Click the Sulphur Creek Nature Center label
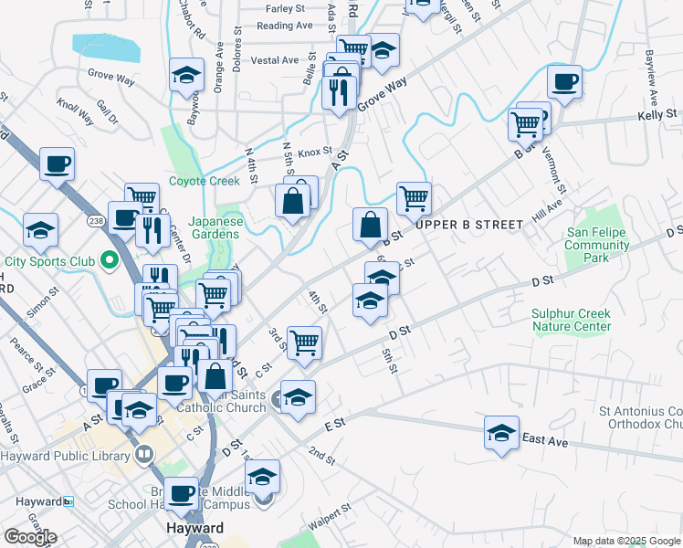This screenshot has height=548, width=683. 571,320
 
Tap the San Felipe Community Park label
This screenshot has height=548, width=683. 596,245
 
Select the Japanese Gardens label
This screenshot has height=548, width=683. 216,227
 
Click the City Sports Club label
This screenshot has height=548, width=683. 50,261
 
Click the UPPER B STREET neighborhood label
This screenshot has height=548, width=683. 470,224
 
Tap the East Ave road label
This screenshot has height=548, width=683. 545,440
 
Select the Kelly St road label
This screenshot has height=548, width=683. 655,117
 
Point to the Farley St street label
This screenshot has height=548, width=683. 285,8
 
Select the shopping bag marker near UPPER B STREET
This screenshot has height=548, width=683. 371,224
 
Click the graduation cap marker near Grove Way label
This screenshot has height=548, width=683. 186,76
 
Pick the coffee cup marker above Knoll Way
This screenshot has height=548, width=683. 57,164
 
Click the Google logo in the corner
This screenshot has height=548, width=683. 29,537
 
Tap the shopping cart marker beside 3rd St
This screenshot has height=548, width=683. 304,343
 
